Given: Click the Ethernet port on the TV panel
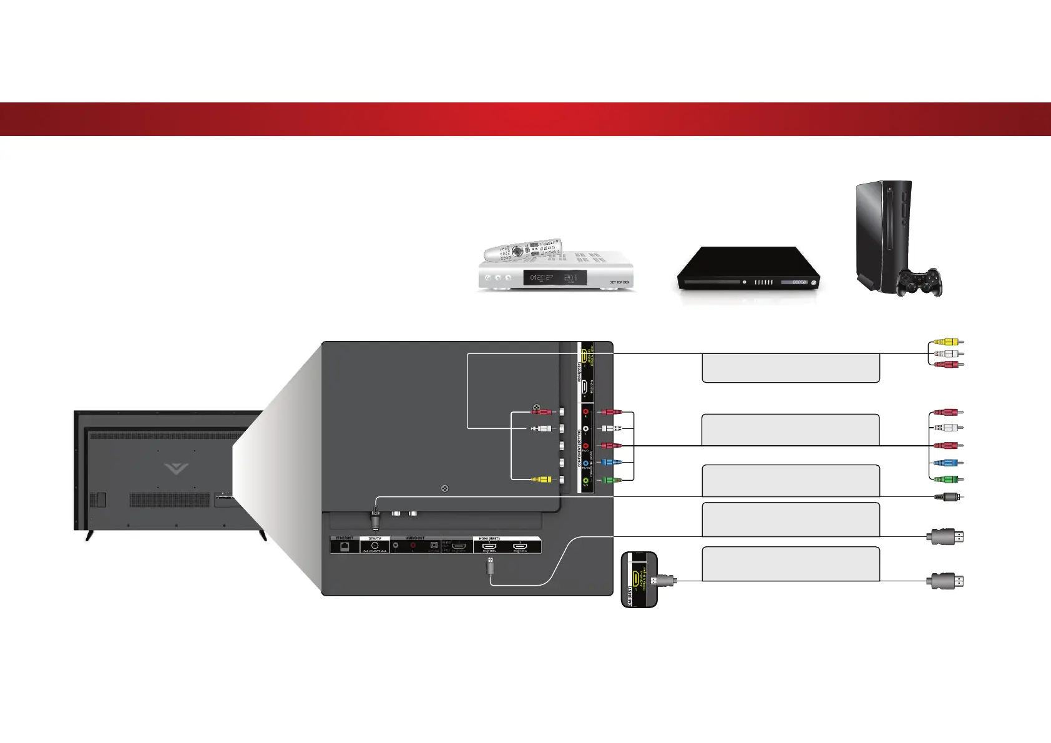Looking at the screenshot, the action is click(x=344, y=546).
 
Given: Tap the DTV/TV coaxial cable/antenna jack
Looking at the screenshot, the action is click(x=374, y=545).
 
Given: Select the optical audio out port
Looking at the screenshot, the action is click(x=433, y=546).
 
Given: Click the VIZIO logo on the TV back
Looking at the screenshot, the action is click(x=177, y=469).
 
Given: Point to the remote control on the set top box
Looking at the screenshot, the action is click(x=523, y=250).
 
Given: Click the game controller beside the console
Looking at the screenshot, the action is click(x=919, y=282).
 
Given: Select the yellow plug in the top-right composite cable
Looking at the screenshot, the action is click(x=949, y=342).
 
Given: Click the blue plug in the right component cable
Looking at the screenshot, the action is click(x=949, y=463).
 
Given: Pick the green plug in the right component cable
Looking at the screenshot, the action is click(x=949, y=480).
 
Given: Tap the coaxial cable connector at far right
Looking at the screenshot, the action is click(x=949, y=497).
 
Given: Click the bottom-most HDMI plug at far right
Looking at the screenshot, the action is click(x=946, y=581).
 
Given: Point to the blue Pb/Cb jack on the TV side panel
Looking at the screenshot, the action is click(x=585, y=463).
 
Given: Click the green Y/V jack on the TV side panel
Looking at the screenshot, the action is click(x=585, y=480).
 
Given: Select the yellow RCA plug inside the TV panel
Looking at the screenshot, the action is click(x=541, y=480).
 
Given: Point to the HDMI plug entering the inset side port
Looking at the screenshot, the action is click(x=663, y=581).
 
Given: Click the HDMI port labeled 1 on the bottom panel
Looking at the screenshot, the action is click(x=519, y=546).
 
